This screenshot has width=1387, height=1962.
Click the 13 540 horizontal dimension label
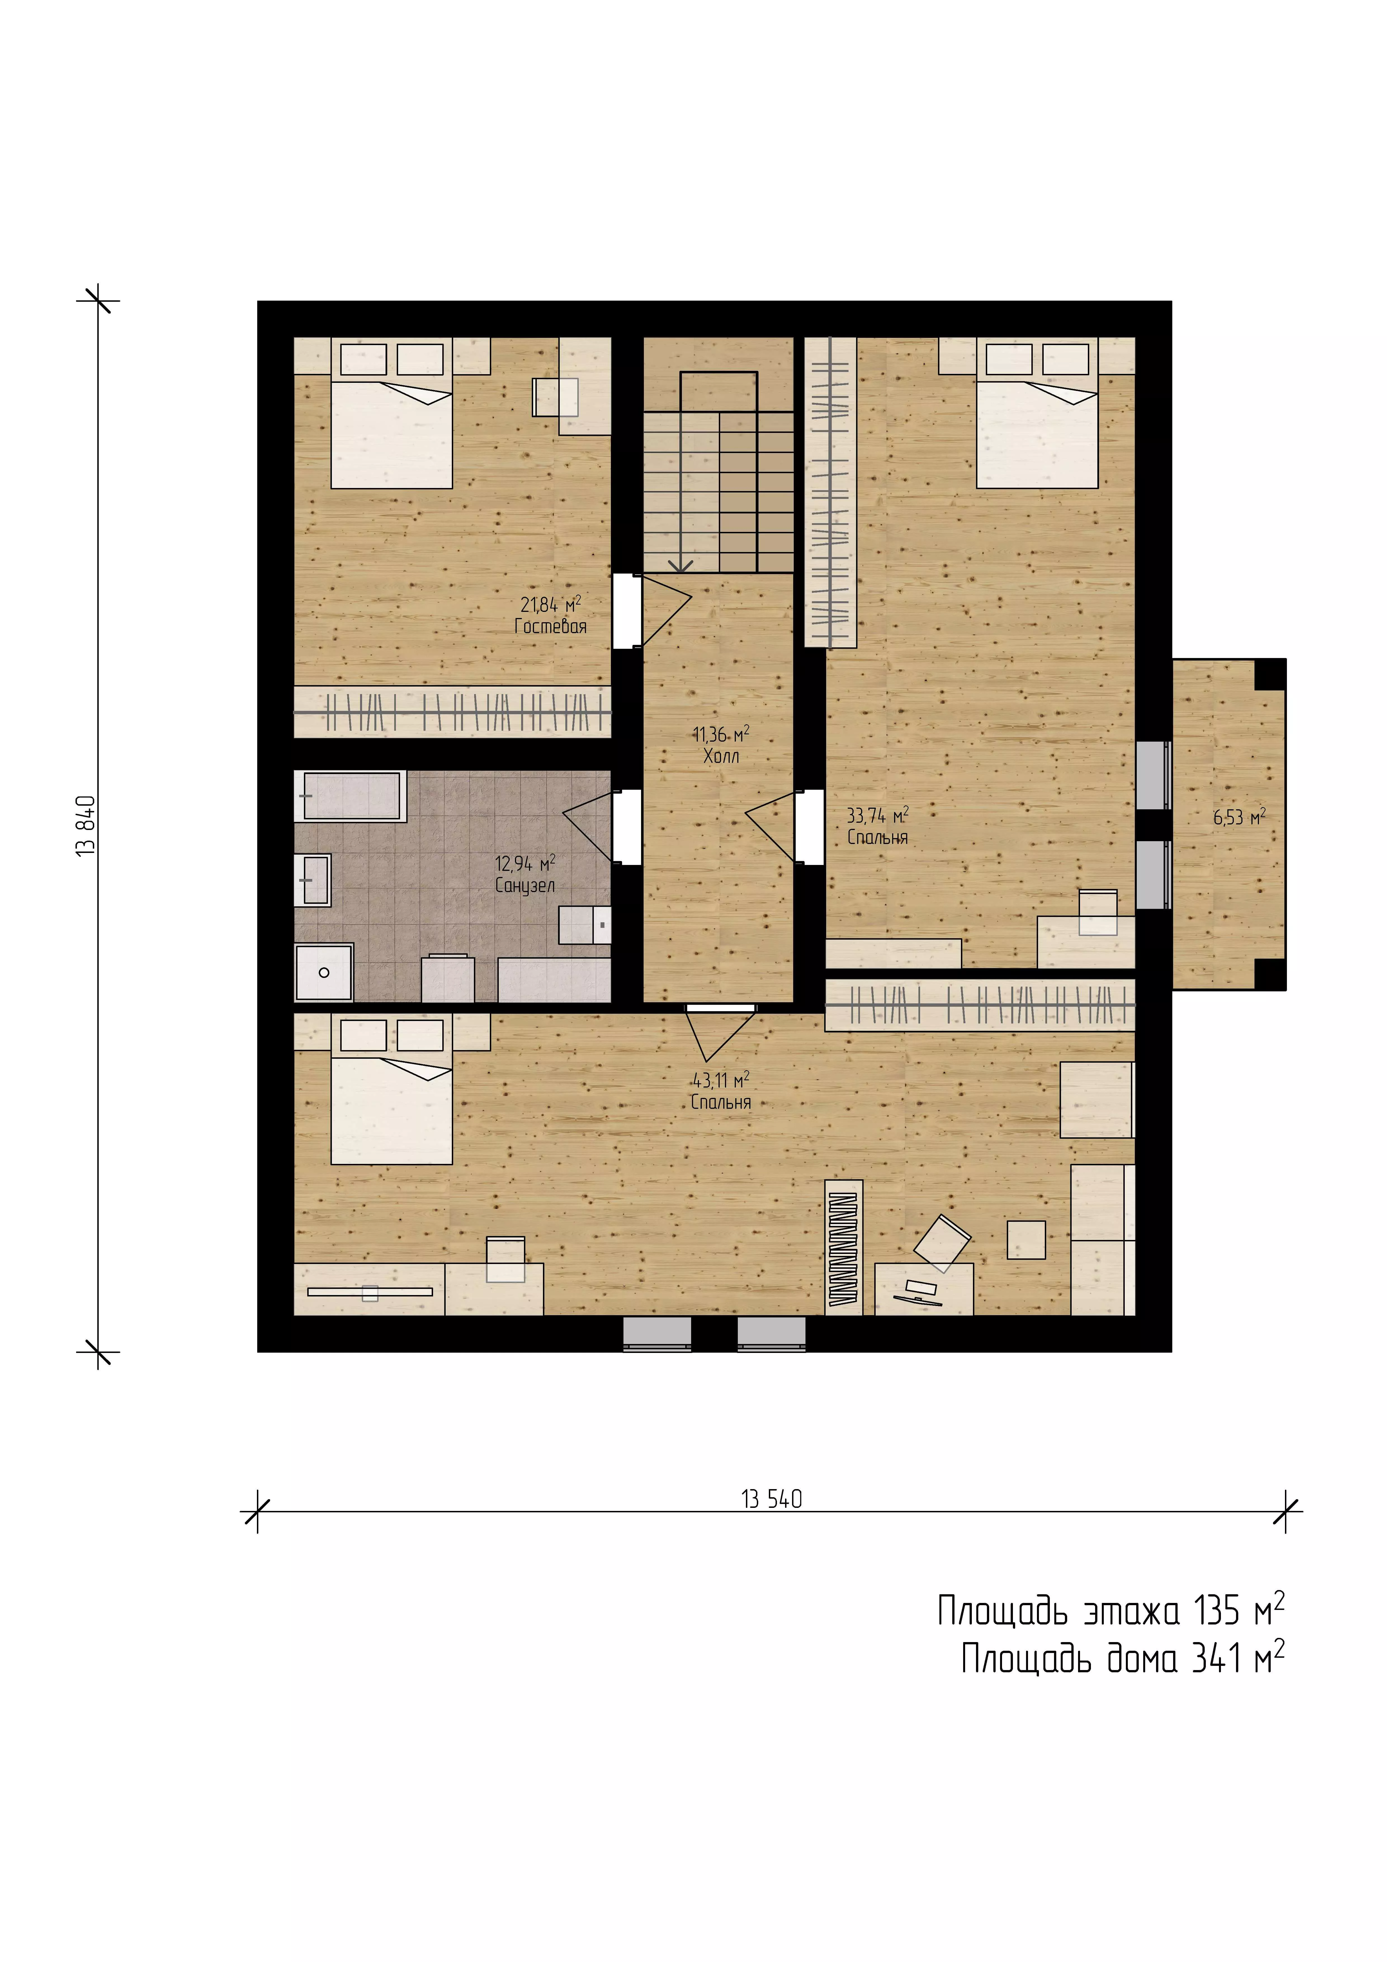(772, 1499)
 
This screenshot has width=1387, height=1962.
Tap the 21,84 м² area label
(550, 604)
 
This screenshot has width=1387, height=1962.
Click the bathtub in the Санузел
(350, 796)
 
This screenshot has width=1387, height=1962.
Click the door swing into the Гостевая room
(667, 610)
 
